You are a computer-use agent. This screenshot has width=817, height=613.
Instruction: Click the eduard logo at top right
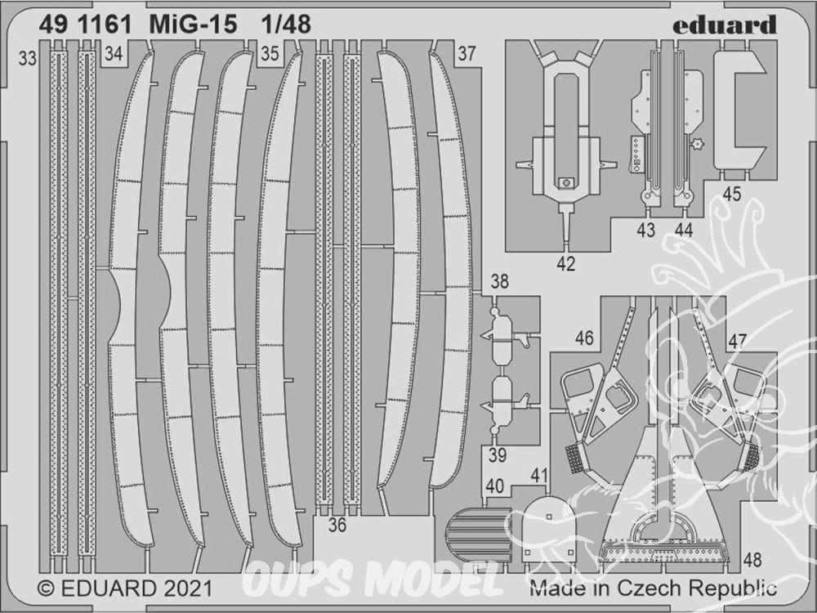(724, 25)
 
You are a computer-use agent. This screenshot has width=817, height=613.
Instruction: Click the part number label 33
(28, 58)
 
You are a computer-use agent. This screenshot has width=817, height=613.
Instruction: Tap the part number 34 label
(113, 53)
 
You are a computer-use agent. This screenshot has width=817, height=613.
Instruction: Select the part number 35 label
(270, 53)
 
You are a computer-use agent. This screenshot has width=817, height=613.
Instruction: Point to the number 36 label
(337, 525)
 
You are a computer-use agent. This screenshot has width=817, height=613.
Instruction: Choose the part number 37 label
(467, 53)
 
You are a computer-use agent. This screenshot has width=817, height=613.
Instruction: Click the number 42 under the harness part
(566, 264)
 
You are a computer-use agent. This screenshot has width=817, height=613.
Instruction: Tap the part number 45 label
(731, 194)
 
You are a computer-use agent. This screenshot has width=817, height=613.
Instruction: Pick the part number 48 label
(752, 560)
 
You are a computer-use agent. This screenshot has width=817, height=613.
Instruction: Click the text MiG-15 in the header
(193, 24)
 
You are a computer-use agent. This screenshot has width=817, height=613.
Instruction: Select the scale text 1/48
(286, 24)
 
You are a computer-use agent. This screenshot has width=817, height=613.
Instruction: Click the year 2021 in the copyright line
(188, 588)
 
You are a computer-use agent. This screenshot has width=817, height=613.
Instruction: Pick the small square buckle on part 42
(565, 183)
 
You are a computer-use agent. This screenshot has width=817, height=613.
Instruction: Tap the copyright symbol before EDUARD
(47, 589)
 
